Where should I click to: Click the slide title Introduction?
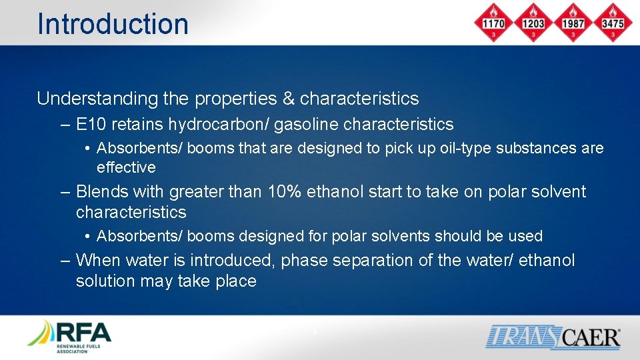(113, 23)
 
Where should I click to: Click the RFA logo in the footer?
(69, 336)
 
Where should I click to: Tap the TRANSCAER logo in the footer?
(553, 336)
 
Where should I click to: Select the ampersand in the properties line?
(288, 99)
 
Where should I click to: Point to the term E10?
(92, 125)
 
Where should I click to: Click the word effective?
(126, 167)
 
